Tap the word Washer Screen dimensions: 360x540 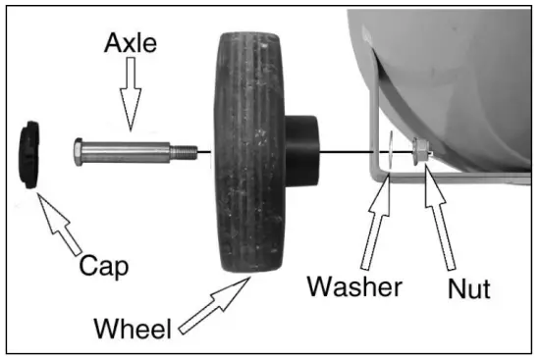pos(353,286)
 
